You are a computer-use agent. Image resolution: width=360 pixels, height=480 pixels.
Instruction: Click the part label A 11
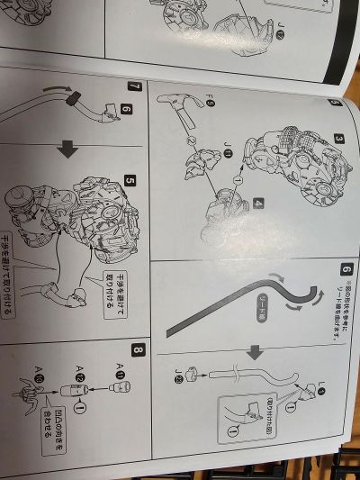pos(121,364)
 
